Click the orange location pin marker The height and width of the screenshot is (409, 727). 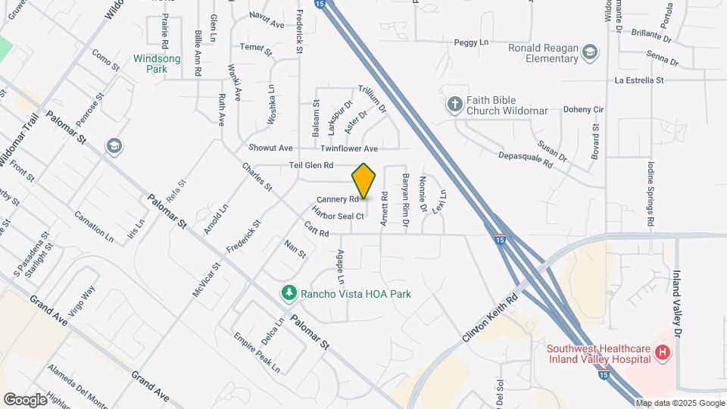pyautogui.click(x=364, y=181)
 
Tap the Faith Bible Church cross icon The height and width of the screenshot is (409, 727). pyautogui.click(x=454, y=105)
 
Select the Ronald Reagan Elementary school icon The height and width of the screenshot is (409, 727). pyautogui.click(x=591, y=52)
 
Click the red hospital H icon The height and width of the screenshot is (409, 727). pyautogui.click(x=663, y=352)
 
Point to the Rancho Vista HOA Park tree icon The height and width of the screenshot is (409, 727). pyautogui.click(x=289, y=292)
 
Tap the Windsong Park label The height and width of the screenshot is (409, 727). pyautogui.click(x=155, y=63)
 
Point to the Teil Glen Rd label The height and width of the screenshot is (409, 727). pyautogui.click(x=311, y=165)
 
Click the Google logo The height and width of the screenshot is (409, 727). pyautogui.click(x=25, y=399)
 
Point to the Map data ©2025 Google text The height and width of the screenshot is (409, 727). pyautogui.click(x=679, y=403)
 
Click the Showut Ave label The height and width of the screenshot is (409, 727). pyautogui.click(x=270, y=148)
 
